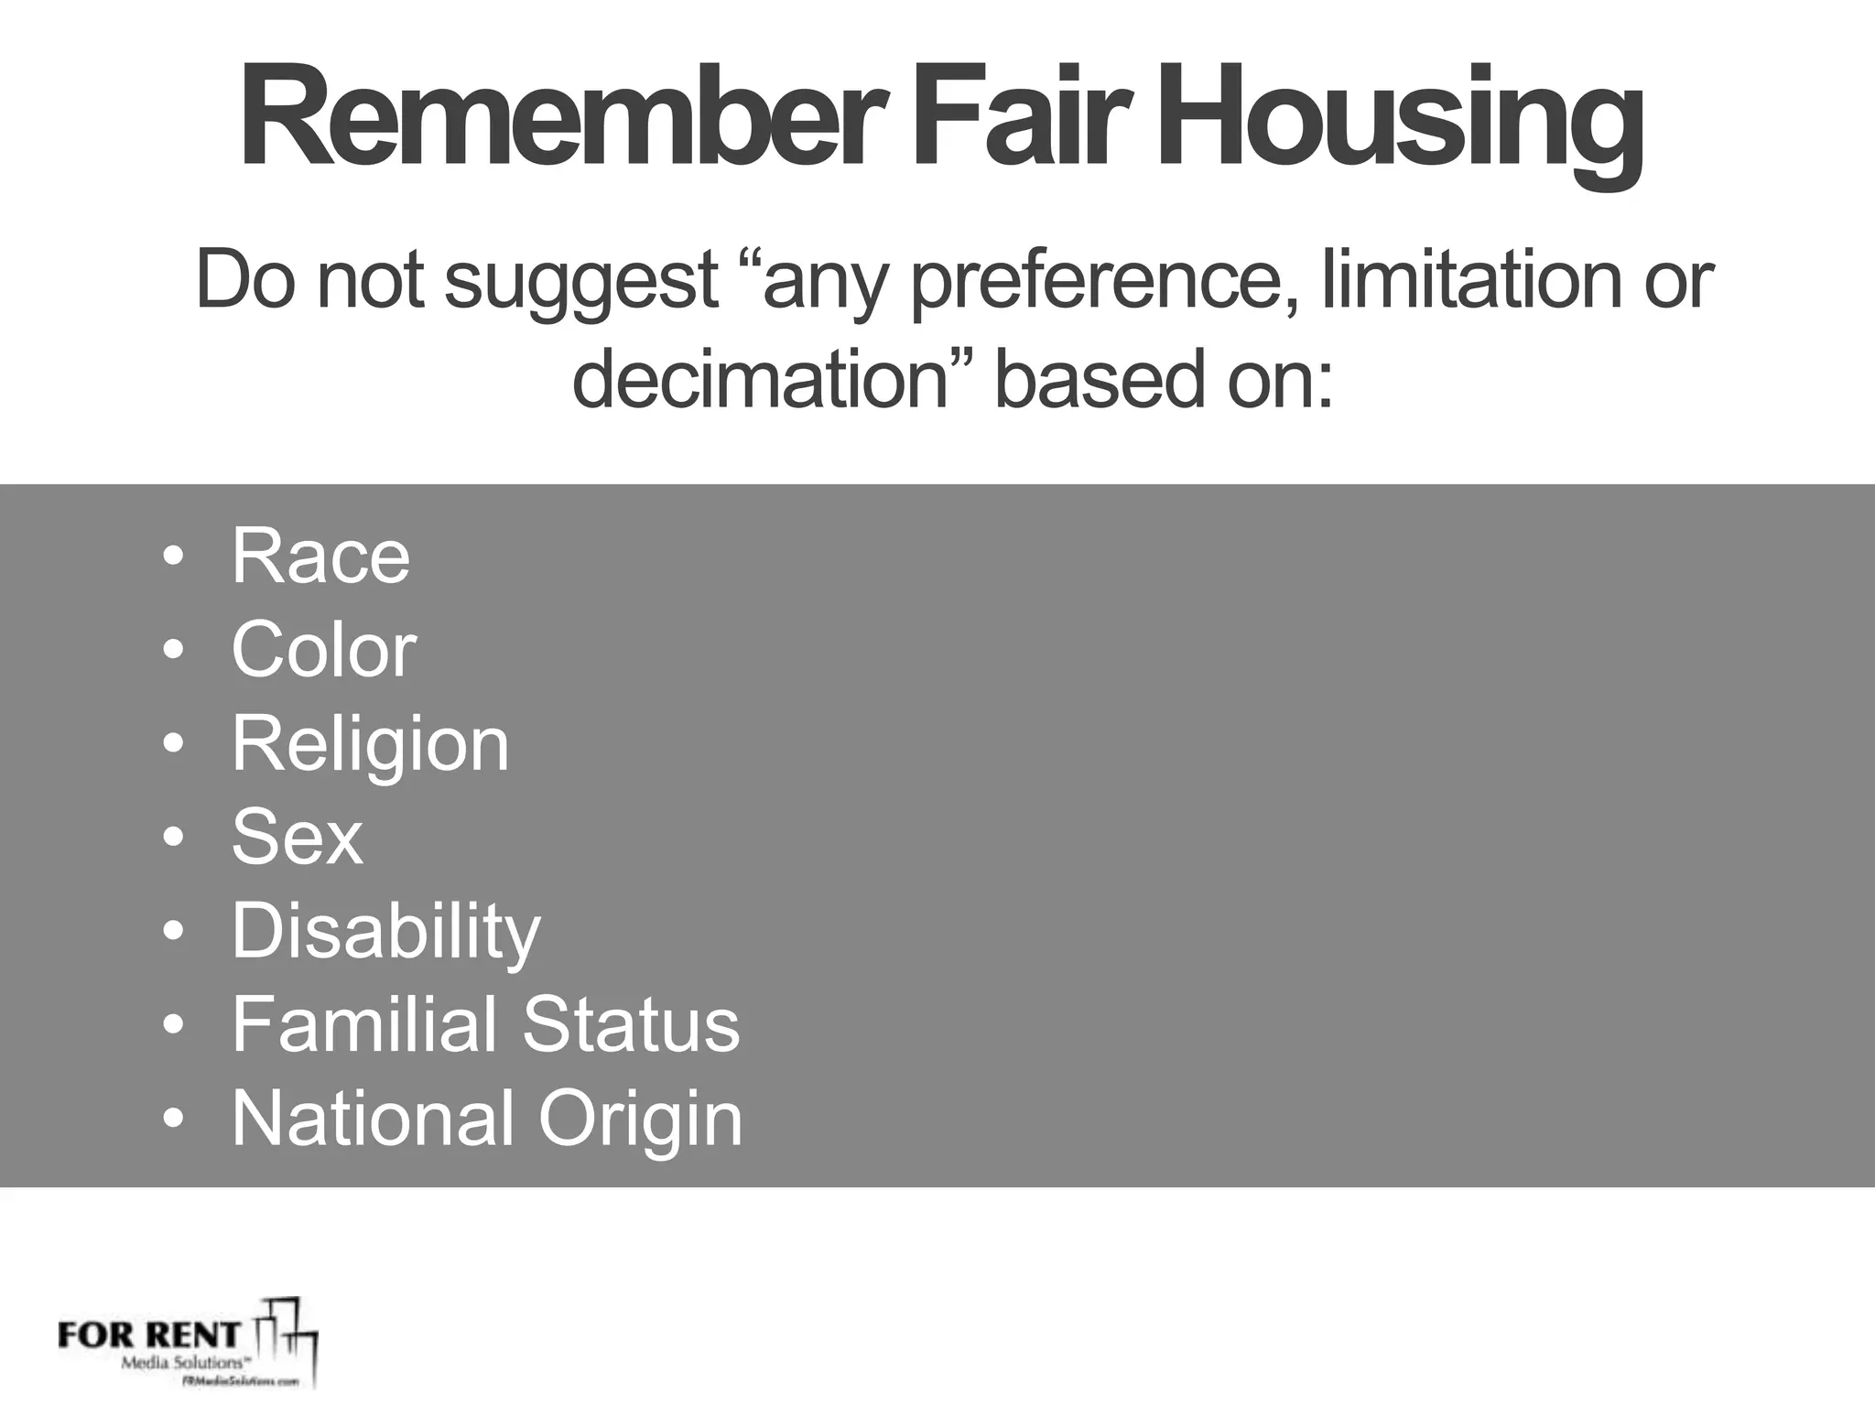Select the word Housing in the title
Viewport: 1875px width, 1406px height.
(1402, 124)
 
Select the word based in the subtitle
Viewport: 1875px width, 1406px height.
(1099, 379)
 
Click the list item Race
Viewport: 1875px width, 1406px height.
(320, 557)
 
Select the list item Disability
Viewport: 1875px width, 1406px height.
(385, 933)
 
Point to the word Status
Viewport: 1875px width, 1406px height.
(632, 1024)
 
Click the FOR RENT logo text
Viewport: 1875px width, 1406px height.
(149, 1335)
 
